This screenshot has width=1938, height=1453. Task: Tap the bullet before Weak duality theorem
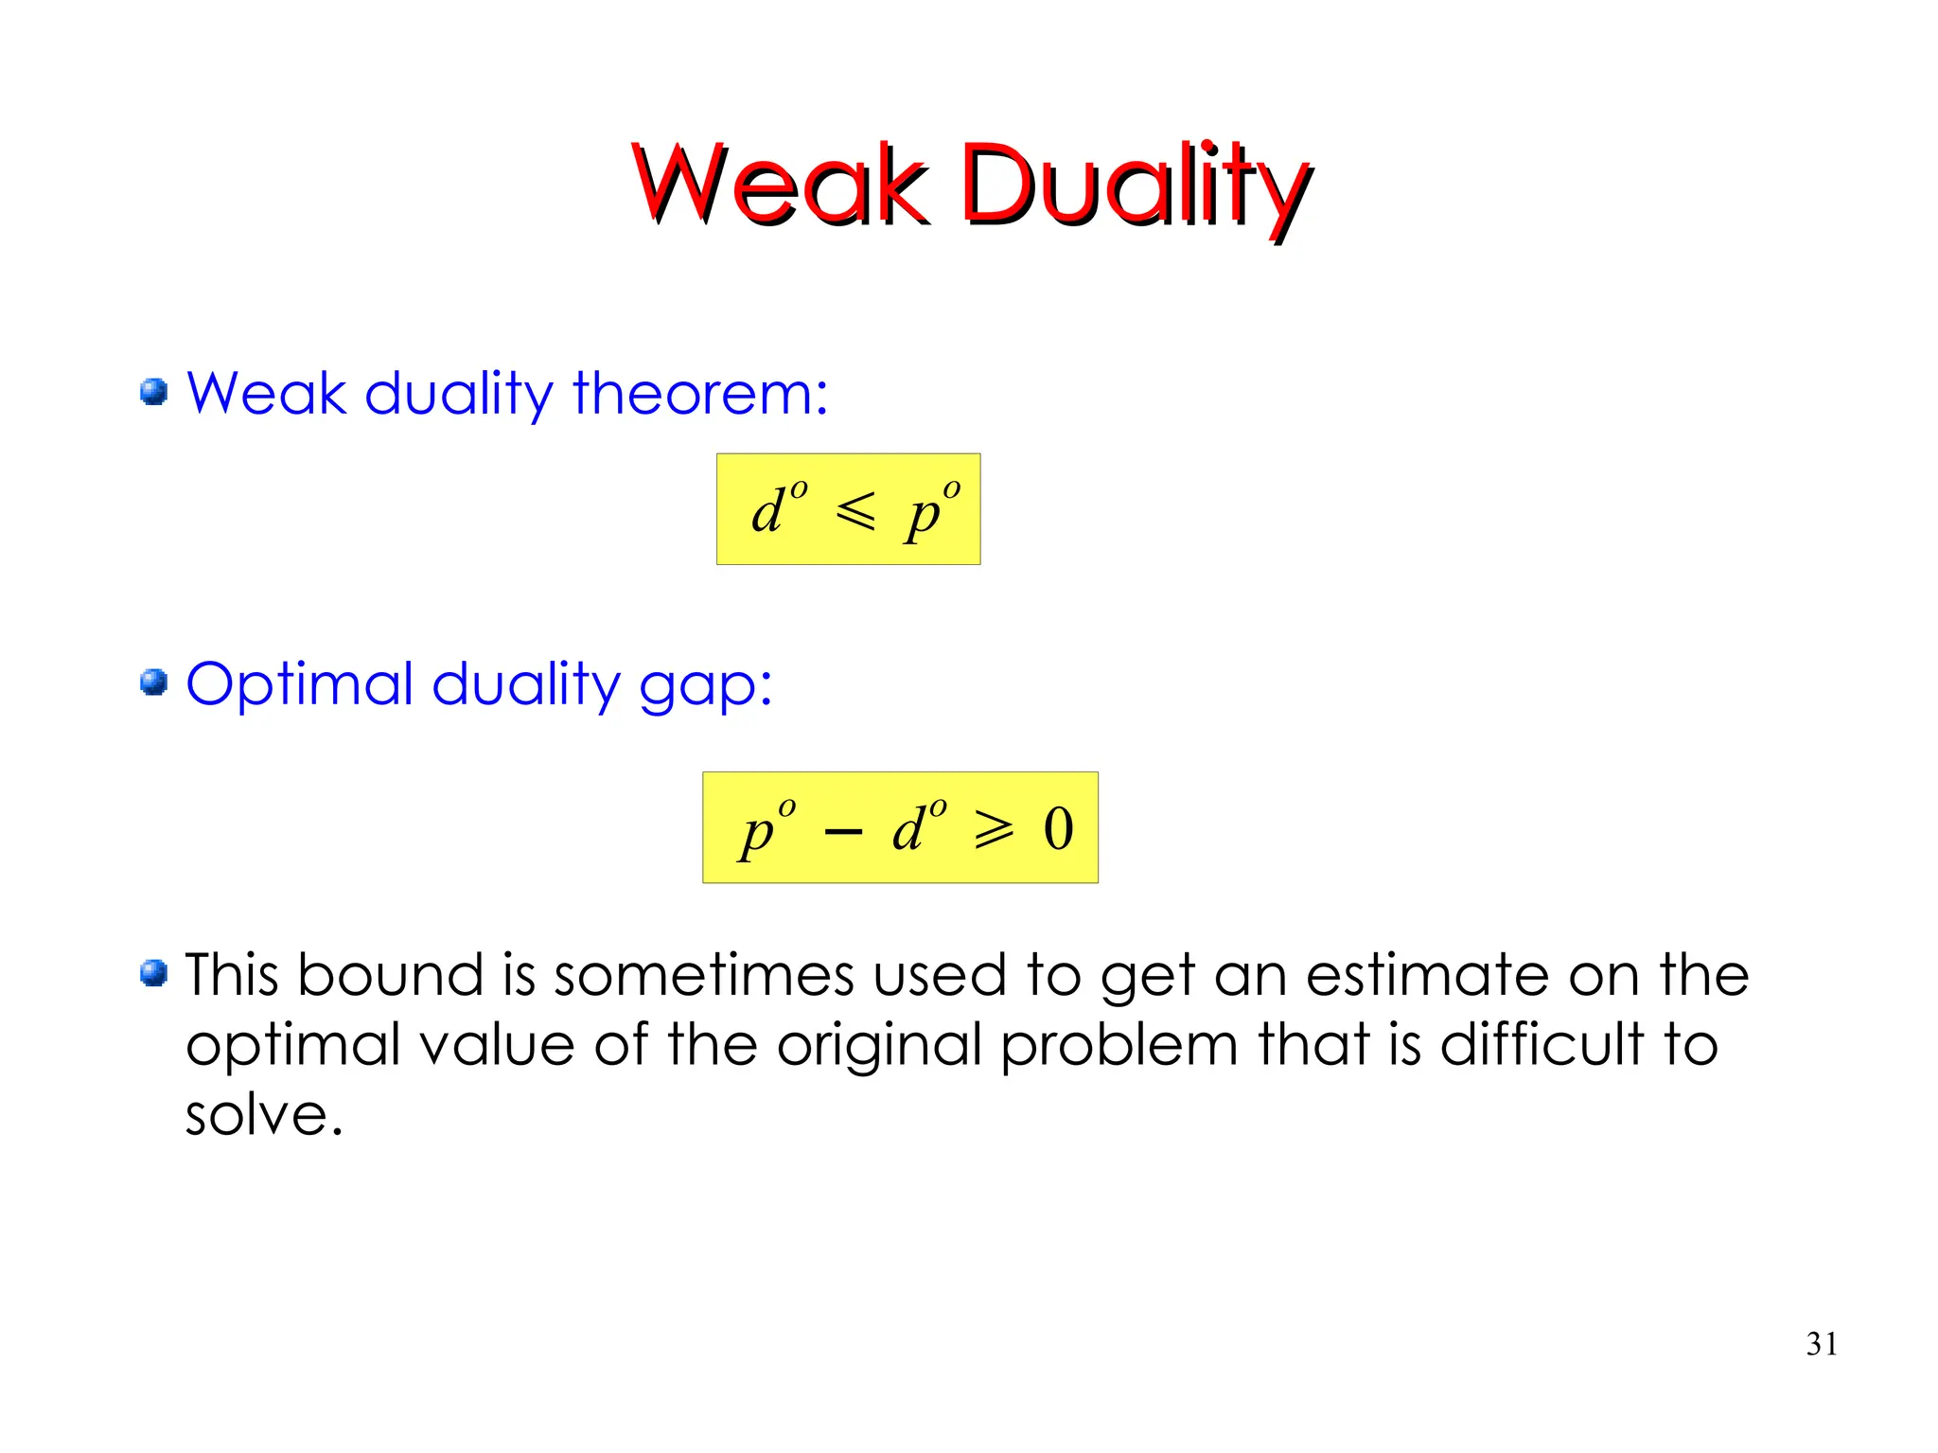tap(153, 392)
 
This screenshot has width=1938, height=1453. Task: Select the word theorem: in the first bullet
tap(700, 393)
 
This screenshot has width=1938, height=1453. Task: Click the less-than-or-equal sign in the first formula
tap(855, 511)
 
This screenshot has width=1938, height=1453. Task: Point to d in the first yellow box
tap(768, 511)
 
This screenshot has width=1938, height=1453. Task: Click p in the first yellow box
tap(923, 516)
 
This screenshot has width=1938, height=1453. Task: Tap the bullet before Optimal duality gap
tap(153, 682)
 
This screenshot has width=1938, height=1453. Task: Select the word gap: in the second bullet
tap(706, 686)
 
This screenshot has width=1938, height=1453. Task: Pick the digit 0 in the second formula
tap(1058, 829)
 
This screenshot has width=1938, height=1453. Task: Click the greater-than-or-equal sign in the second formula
tap(995, 830)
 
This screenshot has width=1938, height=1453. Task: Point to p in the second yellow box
tap(757, 833)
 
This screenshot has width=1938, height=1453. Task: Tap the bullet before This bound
tap(153, 973)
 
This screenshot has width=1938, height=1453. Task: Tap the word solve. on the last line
tap(263, 1114)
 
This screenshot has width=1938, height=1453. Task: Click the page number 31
tap(1822, 1344)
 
